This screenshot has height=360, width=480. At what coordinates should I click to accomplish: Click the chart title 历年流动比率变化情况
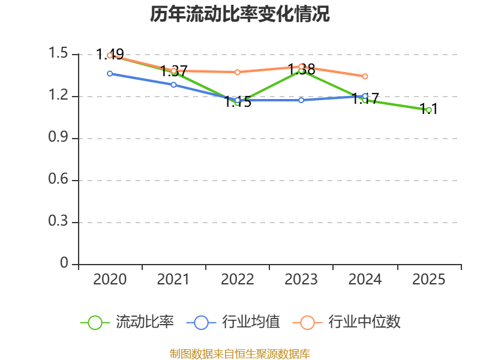pyautogui.click(x=239, y=14)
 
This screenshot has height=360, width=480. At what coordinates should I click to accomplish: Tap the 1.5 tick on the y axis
pyautogui.click(x=58, y=53)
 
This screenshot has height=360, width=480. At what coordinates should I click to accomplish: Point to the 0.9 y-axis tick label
pyautogui.click(x=58, y=137)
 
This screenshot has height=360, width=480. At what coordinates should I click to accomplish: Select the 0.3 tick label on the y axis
pyautogui.click(x=58, y=221)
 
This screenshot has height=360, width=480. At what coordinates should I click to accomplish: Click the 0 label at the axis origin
pyautogui.click(x=64, y=263)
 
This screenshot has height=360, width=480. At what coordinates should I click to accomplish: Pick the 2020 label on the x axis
pyautogui.click(x=110, y=280)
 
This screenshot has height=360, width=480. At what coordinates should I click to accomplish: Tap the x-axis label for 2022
pyautogui.click(x=238, y=280)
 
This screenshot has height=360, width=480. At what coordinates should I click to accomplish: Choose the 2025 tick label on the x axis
pyautogui.click(x=429, y=280)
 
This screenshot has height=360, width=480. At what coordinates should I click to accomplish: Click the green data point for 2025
pyautogui.click(x=429, y=110)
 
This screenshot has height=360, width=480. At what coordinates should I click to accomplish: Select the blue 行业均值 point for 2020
pyautogui.click(x=110, y=74)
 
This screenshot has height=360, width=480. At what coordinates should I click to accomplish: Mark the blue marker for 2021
pyautogui.click(x=173, y=85)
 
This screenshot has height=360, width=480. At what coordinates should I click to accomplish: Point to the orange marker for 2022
pyautogui.click(x=238, y=72)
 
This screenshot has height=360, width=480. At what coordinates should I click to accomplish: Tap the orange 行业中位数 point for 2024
pyautogui.click(x=365, y=77)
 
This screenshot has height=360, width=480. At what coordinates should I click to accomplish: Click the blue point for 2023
pyautogui.click(x=301, y=100)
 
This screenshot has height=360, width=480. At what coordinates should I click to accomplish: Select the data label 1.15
pyautogui.click(x=238, y=101)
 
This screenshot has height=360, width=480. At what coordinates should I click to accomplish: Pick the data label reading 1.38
pyautogui.click(x=302, y=70)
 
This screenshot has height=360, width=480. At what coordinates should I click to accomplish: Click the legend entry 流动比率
pyautogui.click(x=127, y=322)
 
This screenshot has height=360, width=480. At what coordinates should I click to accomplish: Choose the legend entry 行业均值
pyautogui.click(x=233, y=322)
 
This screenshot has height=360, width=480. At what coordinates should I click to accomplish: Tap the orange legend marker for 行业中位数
pyautogui.click(x=307, y=323)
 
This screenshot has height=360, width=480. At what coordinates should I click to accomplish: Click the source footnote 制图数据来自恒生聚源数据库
pyautogui.click(x=240, y=354)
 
